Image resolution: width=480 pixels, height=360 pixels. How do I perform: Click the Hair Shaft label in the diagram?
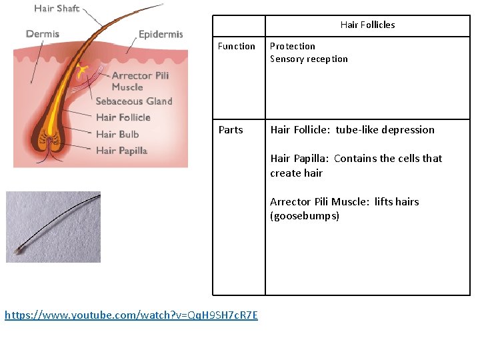(57, 9)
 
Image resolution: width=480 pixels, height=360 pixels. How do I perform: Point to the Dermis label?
(43, 33)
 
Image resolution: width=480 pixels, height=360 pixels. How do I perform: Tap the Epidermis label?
(161, 34)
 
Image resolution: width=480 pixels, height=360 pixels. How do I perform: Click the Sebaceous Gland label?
(134, 101)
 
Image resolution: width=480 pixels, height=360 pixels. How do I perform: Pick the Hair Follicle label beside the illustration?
(123, 117)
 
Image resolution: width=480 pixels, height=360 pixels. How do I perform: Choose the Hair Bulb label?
(117, 134)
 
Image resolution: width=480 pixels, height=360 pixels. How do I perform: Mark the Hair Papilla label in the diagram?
(121, 151)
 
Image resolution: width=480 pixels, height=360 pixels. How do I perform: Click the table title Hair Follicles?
(367, 25)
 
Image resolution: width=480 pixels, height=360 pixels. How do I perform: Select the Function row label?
(237, 46)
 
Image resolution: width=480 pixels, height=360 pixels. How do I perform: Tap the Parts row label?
(231, 129)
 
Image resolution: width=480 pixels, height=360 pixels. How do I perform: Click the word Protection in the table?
(293, 46)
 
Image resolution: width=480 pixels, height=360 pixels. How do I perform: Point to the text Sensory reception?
(309, 59)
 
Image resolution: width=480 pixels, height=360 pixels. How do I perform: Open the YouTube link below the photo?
(131, 315)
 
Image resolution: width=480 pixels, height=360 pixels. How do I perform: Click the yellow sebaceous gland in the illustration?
(82, 69)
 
